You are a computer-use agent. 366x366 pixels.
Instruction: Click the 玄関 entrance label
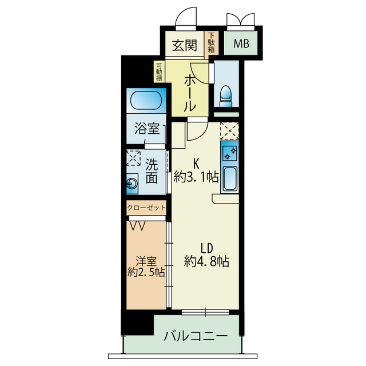pos(184,45)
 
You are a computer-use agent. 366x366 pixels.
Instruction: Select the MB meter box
pos(241,43)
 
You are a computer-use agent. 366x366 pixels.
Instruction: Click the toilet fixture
pos(226,96)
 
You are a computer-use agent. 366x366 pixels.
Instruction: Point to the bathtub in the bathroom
pos(146,101)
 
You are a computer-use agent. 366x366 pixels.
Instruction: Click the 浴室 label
pos(147,129)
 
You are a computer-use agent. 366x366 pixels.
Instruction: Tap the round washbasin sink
pos(132,184)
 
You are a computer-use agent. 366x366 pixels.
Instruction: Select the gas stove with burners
pos(230,153)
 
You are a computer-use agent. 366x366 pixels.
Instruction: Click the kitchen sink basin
pos(230,178)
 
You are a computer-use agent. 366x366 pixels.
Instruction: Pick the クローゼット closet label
pos(146,208)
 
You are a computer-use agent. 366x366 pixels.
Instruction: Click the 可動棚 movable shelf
pos(159,71)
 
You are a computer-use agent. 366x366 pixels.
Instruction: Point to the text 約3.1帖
pos(196,177)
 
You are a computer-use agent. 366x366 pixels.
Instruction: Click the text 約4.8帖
pos(206,261)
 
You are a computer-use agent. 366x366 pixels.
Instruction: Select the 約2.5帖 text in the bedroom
pos(146,272)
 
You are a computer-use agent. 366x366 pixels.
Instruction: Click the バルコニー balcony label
pos(196,336)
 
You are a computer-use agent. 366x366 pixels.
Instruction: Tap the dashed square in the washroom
pos(133,158)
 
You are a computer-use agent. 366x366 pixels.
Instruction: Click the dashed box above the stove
pos(230,131)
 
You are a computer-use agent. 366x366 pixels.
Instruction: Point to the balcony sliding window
pos(205,312)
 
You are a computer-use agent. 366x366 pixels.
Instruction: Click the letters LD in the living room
pos(207,248)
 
